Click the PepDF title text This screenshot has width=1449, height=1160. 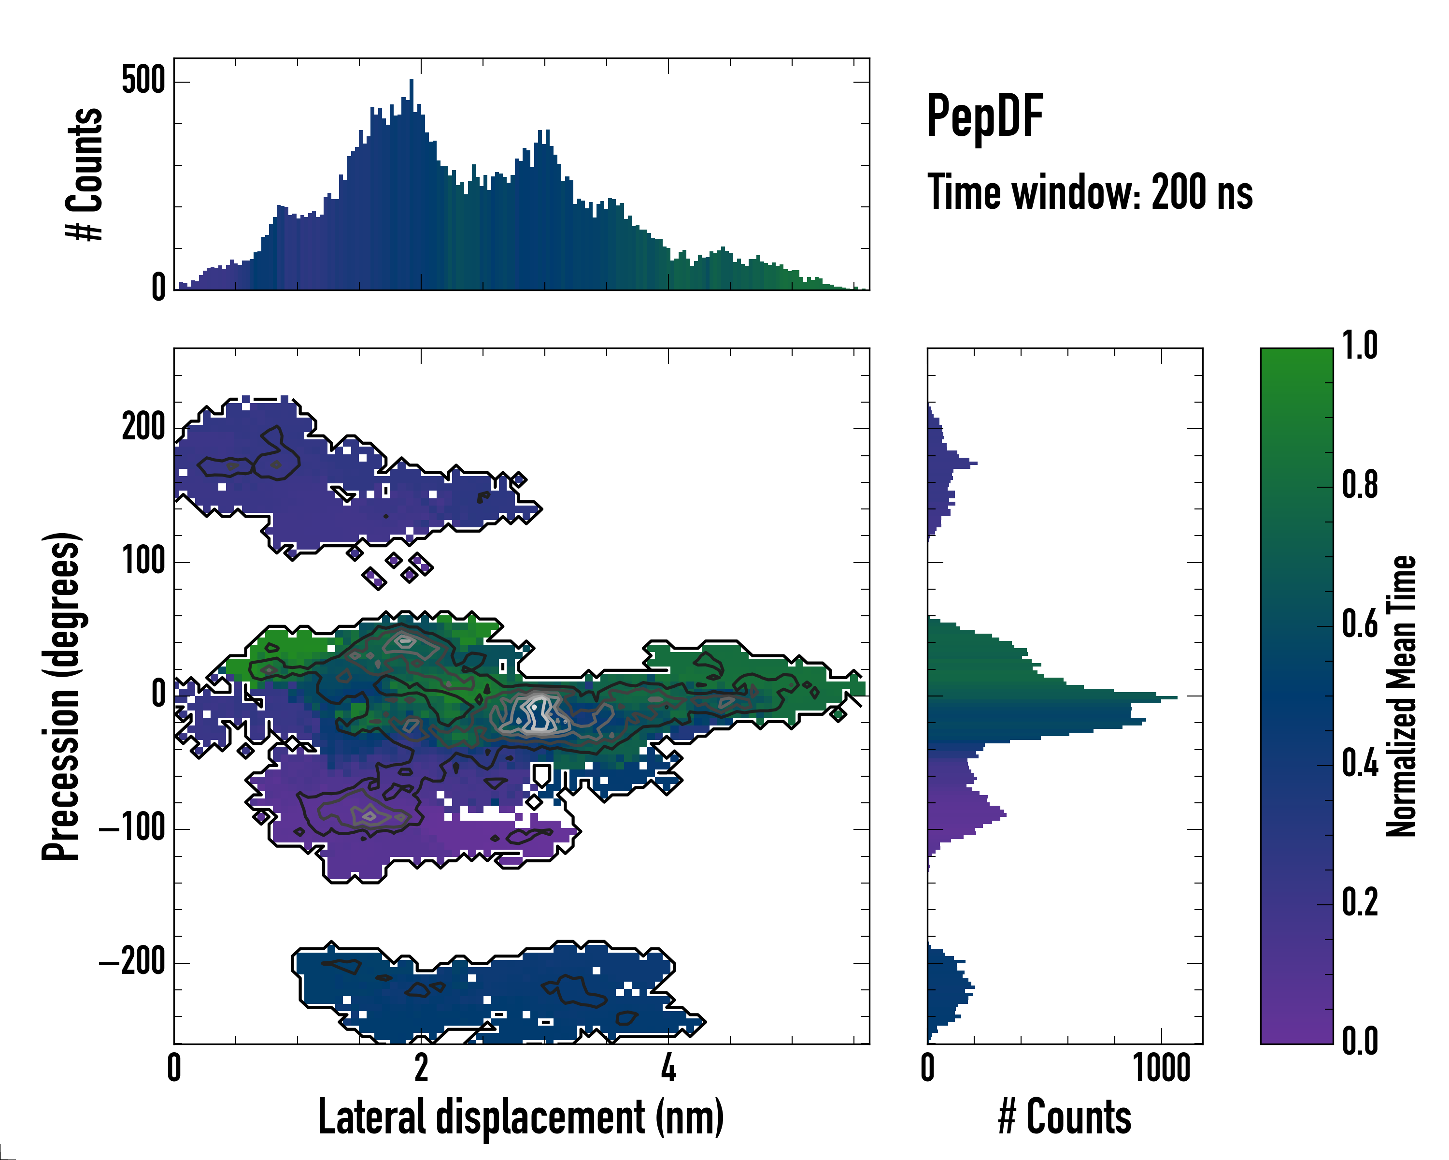click(x=984, y=116)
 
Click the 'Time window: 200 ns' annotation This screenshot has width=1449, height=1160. click(x=1090, y=193)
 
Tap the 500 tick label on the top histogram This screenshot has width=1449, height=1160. click(x=143, y=81)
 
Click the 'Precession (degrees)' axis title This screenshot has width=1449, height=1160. click(x=61, y=696)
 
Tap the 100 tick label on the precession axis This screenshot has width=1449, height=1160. click(x=143, y=561)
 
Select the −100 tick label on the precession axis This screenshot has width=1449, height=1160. click(x=132, y=828)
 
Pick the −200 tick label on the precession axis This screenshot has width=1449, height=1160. click(x=132, y=962)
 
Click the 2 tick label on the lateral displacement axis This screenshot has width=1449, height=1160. click(x=421, y=1069)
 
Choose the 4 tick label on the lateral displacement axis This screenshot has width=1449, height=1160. click(x=668, y=1069)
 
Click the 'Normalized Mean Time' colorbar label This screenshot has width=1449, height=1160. click(x=1402, y=696)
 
